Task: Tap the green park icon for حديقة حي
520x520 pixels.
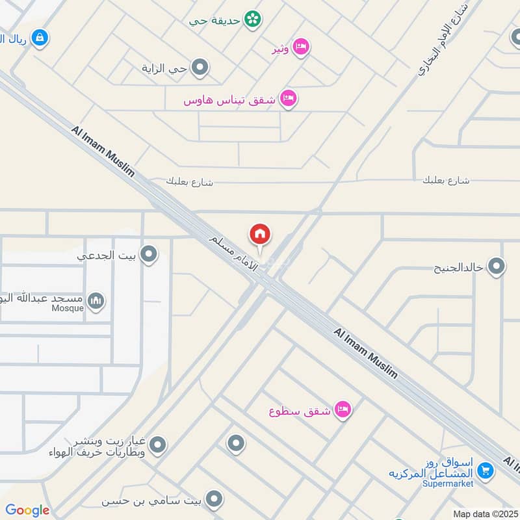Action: pos(252,19)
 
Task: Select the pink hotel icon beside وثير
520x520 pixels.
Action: pos(300,47)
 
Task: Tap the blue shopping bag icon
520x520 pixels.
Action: pos(40,38)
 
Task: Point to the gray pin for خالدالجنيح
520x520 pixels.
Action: pos(497,267)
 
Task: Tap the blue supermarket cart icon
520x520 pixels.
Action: pos(484,470)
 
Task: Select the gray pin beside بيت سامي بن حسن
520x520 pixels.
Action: pos(214,500)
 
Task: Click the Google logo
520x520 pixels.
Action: pos(27,510)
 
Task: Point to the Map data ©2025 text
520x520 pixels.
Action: pos(485,513)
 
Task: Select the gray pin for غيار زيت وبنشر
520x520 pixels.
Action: pos(157,445)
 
